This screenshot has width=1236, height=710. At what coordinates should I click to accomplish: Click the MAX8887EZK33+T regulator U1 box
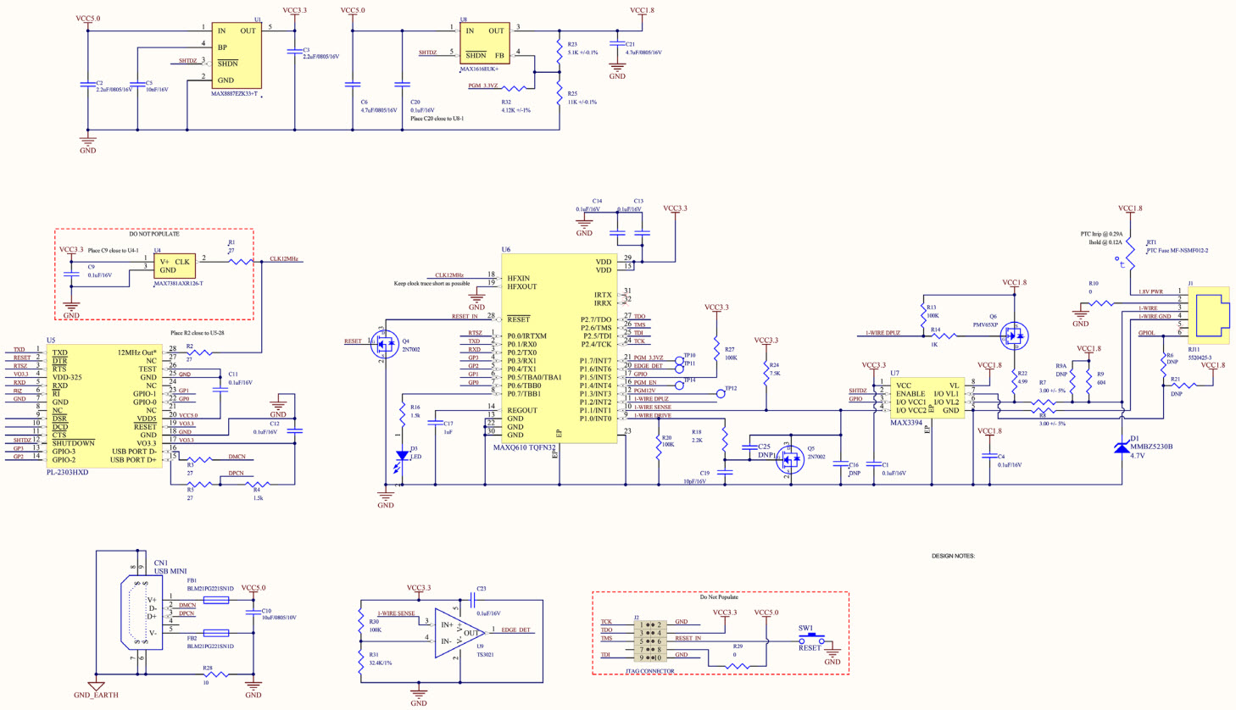tap(236, 55)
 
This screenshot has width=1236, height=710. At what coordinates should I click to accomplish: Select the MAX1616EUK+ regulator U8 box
tap(484, 42)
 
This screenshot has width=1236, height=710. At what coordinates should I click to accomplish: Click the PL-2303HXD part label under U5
tap(68, 472)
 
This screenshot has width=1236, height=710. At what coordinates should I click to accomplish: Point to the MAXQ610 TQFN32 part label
tap(524, 447)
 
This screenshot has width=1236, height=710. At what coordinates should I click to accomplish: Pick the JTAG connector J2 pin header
tap(650, 641)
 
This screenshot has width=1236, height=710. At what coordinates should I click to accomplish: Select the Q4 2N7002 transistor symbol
tap(386, 345)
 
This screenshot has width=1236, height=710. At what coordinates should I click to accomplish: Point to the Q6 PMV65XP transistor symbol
tap(1013, 336)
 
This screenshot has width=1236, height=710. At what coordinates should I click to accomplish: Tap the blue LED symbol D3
tap(402, 456)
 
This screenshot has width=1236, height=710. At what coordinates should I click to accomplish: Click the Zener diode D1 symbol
tap(1122, 447)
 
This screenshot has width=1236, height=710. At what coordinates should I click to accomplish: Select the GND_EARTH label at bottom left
tap(96, 695)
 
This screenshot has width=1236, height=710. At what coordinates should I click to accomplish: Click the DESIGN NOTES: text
tap(953, 556)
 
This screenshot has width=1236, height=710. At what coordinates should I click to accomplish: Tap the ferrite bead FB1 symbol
tap(215, 600)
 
